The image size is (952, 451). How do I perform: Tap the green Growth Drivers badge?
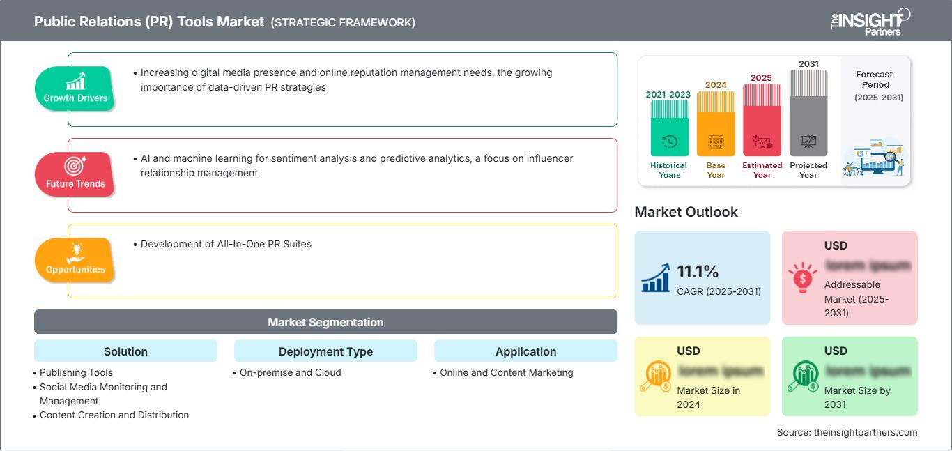[x=75, y=89]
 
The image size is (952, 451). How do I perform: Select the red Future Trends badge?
[x=75, y=174]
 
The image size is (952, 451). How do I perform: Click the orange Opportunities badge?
[x=75, y=260]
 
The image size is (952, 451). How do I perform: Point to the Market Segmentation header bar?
[x=325, y=322]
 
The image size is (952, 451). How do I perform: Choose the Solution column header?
[x=125, y=351]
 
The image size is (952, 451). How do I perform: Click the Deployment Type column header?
[x=325, y=351]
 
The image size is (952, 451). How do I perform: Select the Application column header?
[x=525, y=351]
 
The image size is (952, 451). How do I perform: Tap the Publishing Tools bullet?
[x=76, y=372]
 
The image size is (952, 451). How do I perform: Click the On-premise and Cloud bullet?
[x=290, y=372]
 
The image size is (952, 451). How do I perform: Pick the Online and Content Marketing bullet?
[x=506, y=372]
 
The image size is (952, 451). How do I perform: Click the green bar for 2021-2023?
[x=669, y=129]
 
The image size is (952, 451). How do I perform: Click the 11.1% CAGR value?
[x=698, y=271]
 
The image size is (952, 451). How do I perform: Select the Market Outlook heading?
[x=686, y=212]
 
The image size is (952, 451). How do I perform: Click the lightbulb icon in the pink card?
[x=802, y=278]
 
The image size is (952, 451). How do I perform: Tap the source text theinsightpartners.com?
[x=847, y=432]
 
